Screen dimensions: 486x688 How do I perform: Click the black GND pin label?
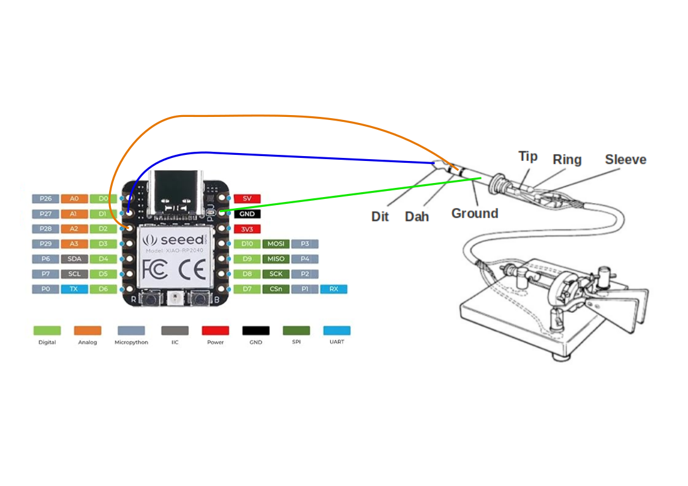click(x=248, y=214)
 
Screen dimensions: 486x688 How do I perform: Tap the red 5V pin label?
click(x=248, y=199)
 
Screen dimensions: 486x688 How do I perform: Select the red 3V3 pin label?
click(x=248, y=229)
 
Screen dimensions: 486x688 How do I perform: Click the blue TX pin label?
click(x=74, y=289)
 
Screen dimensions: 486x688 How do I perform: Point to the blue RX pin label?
click(x=333, y=289)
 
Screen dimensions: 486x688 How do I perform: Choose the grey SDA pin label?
click(x=74, y=259)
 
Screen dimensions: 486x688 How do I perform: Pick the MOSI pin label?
click(x=276, y=244)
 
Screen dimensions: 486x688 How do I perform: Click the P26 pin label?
click(x=45, y=199)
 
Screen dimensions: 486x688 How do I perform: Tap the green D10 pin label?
click(x=248, y=244)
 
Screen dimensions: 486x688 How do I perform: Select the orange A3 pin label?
click(x=74, y=244)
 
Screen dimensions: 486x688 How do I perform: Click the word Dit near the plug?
click(x=380, y=217)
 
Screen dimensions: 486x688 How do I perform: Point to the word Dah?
click(x=417, y=217)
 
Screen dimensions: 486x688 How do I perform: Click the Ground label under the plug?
click(x=474, y=214)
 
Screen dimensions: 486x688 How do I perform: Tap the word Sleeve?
click(x=626, y=160)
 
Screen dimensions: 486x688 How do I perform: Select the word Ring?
click(x=567, y=160)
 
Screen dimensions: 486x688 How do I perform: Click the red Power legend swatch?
click(x=215, y=331)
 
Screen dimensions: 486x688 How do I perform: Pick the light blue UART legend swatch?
click(x=337, y=331)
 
